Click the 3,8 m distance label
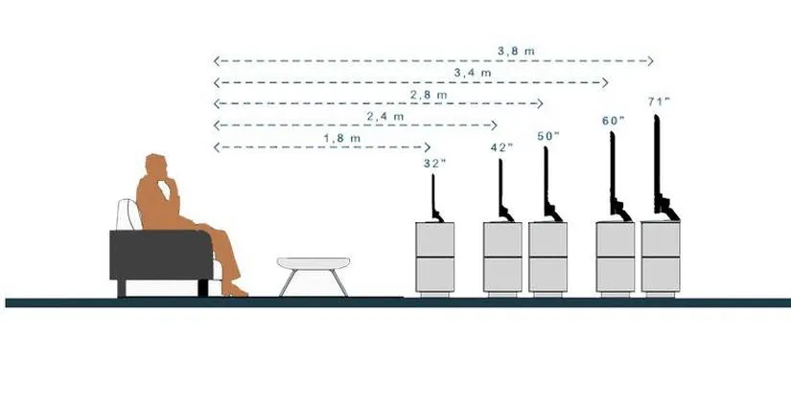click(516, 51)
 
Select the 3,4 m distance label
click(473, 73)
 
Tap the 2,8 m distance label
click(429, 95)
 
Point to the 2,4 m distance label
click(385, 117)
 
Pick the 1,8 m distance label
click(342, 138)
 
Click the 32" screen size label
click(435, 163)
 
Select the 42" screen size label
click(502, 147)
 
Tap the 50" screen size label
click(547, 136)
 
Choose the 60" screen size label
click(613, 121)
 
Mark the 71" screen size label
click(659, 101)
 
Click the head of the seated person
click(156, 166)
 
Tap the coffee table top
click(314, 263)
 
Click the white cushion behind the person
click(128, 215)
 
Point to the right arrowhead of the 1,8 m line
click(428, 147)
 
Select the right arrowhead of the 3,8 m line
click(650, 61)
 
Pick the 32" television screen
click(432, 195)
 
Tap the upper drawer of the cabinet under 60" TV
click(616, 239)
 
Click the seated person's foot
click(235, 290)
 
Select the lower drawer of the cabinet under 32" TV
click(435, 275)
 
